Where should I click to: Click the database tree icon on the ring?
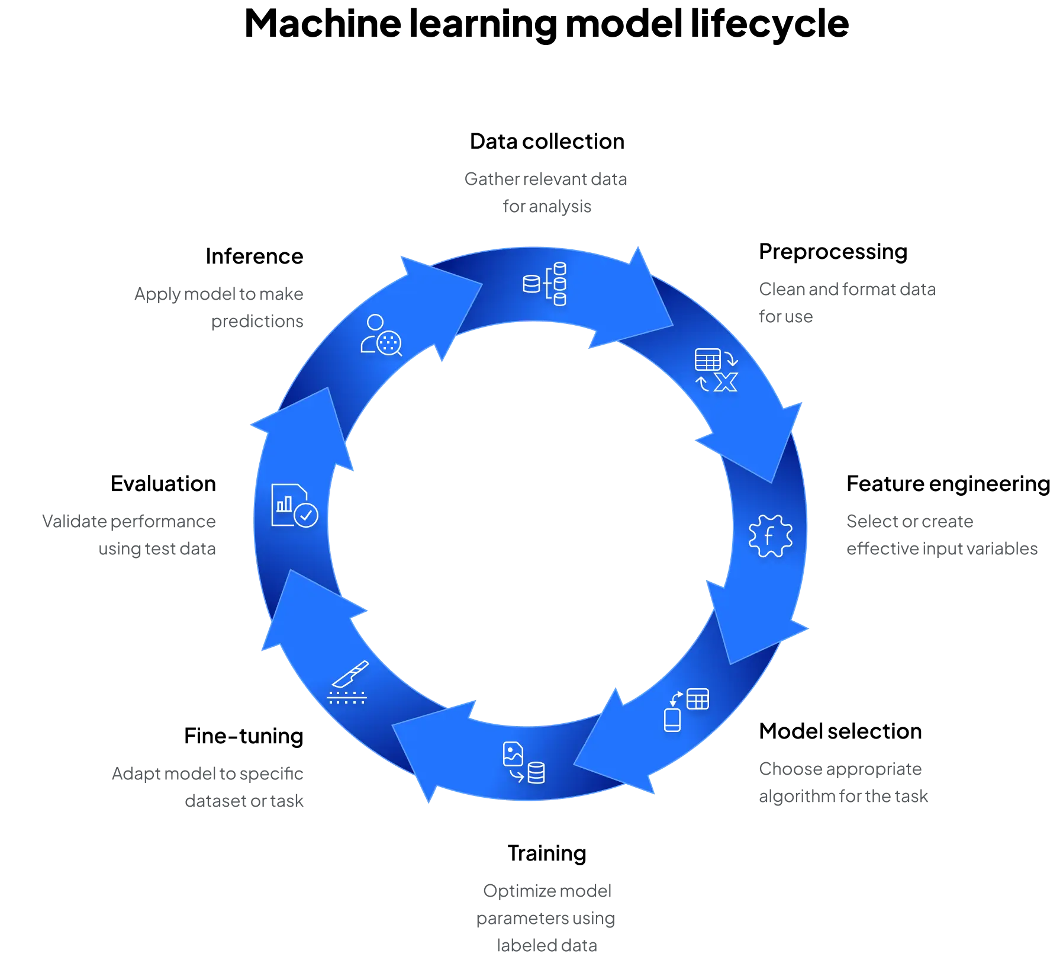click(x=545, y=284)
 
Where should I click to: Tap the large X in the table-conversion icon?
click(x=726, y=382)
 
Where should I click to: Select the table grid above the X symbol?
click(x=707, y=359)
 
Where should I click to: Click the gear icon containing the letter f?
click(x=770, y=536)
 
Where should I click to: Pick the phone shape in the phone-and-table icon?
click(x=672, y=720)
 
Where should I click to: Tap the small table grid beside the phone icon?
click(x=698, y=699)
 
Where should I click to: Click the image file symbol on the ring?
click(x=513, y=754)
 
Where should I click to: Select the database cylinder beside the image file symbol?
click(x=536, y=773)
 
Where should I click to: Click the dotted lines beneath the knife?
click(x=347, y=697)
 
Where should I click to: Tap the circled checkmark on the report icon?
click(x=306, y=515)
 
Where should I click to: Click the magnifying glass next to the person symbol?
click(x=389, y=343)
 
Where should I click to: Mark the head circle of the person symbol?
click(x=375, y=323)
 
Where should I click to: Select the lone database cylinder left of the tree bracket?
click(x=531, y=284)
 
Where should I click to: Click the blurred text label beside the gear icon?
click(x=941, y=537)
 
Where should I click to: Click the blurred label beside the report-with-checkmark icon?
click(x=129, y=537)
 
